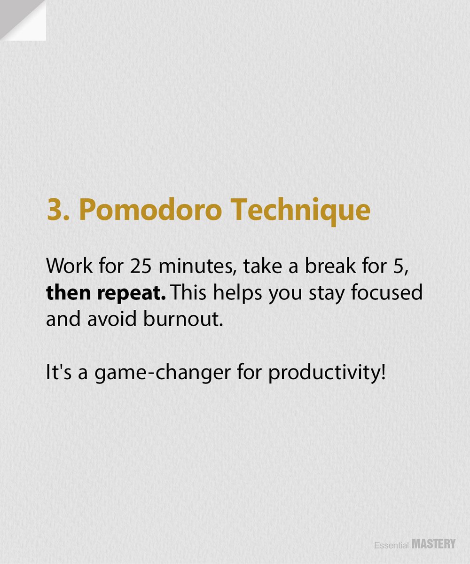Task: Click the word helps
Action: click(236, 293)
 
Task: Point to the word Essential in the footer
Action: click(391, 546)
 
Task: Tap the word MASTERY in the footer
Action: click(434, 545)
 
